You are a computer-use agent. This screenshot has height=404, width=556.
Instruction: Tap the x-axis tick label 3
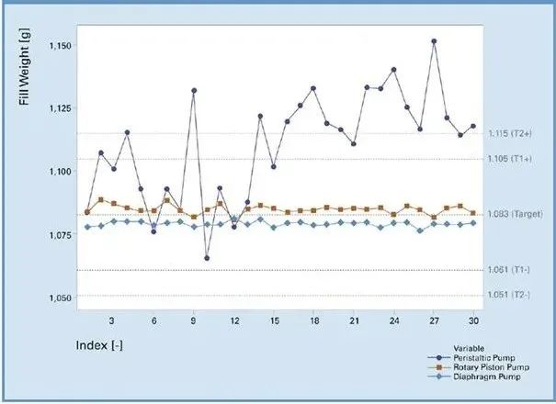click(111, 321)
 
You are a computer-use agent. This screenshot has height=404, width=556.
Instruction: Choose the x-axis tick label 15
click(274, 321)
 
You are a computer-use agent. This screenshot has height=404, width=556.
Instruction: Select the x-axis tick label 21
click(354, 321)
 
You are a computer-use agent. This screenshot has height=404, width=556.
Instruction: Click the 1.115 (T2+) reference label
click(509, 134)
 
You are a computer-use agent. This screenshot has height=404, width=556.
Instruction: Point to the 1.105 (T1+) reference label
click(509, 159)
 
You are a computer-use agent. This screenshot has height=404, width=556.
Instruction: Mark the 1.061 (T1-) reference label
click(508, 270)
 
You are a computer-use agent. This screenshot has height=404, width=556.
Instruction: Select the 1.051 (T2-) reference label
click(508, 295)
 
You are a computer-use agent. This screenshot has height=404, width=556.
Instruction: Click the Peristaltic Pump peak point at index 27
click(434, 41)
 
